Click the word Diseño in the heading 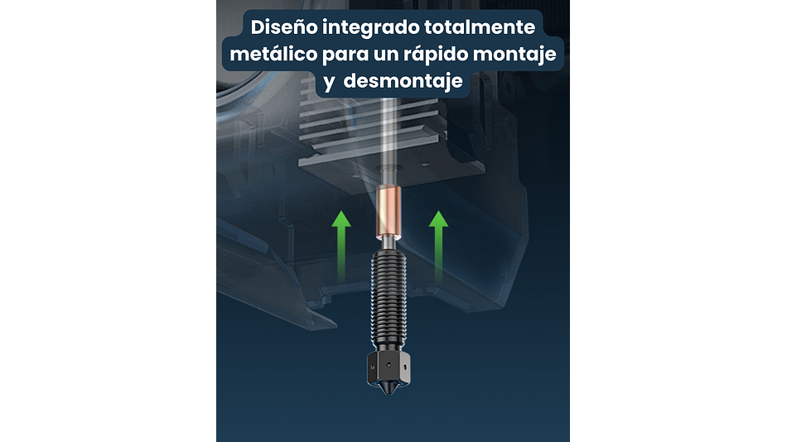(x=284, y=27)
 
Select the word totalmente (x=480, y=27)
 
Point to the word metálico (x=273, y=53)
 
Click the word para (x=345, y=55)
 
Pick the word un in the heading (x=386, y=55)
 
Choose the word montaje (x=514, y=54)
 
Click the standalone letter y (x=329, y=82)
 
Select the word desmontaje (x=403, y=81)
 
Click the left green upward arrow (x=341, y=246)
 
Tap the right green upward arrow (x=438, y=246)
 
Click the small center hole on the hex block (x=389, y=365)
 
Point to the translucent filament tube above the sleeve (x=389, y=142)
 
